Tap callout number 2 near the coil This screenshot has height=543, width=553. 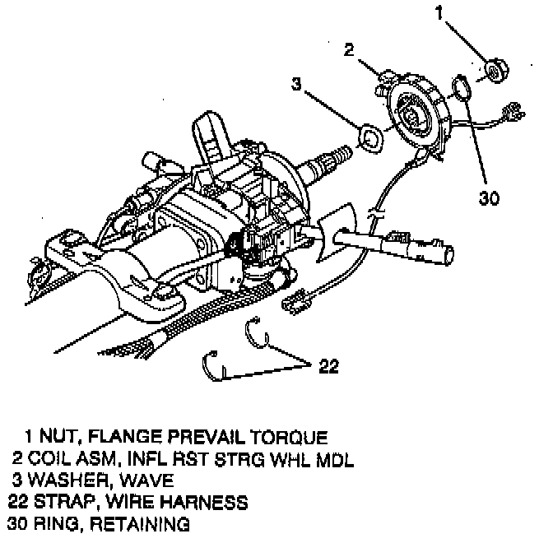pos(350,49)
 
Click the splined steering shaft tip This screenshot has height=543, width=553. pos(337,155)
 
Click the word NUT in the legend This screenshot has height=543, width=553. pos(63,436)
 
